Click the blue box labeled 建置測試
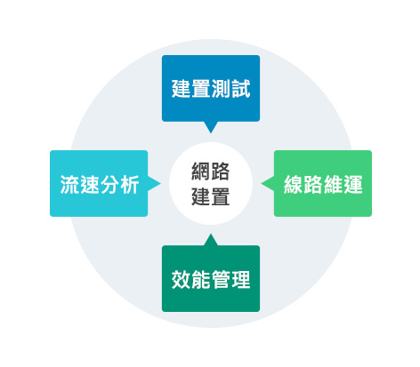pyautogui.click(x=211, y=88)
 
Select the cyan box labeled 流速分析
pyautogui.click(x=99, y=183)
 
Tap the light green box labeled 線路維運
pyautogui.click(x=323, y=183)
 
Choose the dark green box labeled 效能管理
pyautogui.click(x=211, y=278)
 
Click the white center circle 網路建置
pyautogui.click(x=211, y=183)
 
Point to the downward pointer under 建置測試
pyautogui.click(x=211, y=127)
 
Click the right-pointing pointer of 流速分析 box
pyautogui.click(x=154, y=183)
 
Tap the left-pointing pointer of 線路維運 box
pyautogui.click(x=268, y=183)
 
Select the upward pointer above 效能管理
pyautogui.click(x=211, y=240)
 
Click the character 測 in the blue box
pyautogui.click(x=221, y=89)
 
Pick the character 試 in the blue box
pyautogui.click(x=241, y=89)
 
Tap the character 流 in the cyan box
pyautogui.click(x=69, y=185)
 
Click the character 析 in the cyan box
pyautogui.click(x=129, y=185)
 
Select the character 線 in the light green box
pyautogui.click(x=294, y=185)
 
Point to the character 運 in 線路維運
pyautogui.click(x=353, y=185)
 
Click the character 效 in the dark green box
pyautogui.click(x=182, y=279)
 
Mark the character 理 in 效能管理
pyautogui.click(x=241, y=279)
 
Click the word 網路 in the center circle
pyautogui.click(x=211, y=172)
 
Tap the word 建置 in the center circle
pyautogui.click(x=211, y=196)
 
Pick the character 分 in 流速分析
pyautogui.click(x=109, y=185)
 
